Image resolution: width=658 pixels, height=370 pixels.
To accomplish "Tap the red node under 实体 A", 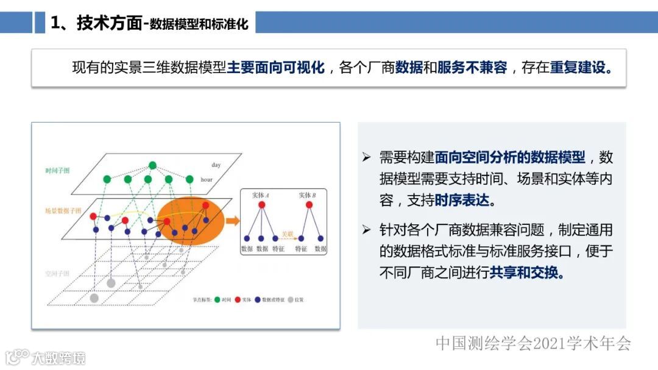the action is tap(262, 205).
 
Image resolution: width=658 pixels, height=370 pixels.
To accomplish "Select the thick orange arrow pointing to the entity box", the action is tap(232, 221).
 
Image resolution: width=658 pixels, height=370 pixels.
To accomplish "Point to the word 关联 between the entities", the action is tap(286, 233).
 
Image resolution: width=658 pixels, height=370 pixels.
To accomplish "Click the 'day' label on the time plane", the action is tap(216, 165).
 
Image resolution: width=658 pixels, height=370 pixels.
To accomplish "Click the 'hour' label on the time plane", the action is tap(207, 180).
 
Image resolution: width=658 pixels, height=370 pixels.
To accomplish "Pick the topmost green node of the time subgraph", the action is tap(152, 165).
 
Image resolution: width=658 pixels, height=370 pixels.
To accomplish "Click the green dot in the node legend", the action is tap(217, 300).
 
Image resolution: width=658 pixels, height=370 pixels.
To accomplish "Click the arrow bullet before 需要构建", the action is tap(366, 158).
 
